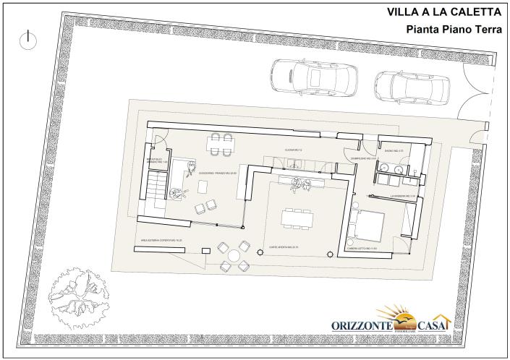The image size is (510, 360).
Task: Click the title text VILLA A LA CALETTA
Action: pos(445,12)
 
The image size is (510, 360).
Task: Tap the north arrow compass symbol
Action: pos(28,40)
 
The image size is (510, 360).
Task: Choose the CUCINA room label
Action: pos(294,149)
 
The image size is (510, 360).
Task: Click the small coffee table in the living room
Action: pos(203,187)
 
